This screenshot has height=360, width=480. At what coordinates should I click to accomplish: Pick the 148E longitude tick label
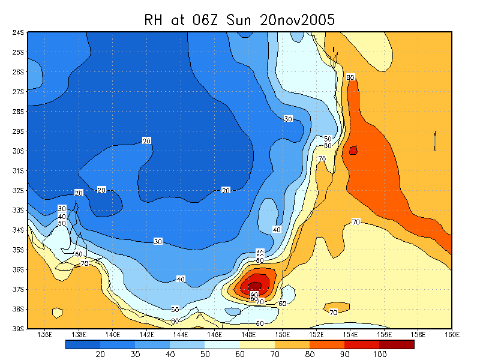click(x=248, y=334)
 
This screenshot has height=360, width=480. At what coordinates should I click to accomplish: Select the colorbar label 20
click(x=100, y=355)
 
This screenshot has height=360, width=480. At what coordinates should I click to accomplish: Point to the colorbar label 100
click(x=380, y=355)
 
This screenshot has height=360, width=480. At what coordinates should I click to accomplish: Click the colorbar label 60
click(x=240, y=355)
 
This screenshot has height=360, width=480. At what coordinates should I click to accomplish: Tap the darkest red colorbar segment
click(x=397, y=344)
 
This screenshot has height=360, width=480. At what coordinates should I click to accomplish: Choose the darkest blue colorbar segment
click(x=83, y=344)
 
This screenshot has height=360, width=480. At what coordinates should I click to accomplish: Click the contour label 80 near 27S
click(x=351, y=77)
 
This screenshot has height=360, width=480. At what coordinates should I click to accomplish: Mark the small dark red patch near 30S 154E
click(x=353, y=151)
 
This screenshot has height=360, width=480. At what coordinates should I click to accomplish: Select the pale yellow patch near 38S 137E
click(x=57, y=313)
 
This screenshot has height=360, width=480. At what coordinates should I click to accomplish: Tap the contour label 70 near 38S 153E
click(x=334, y=312)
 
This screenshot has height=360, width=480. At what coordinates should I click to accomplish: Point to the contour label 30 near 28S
click(x=288, y=119)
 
